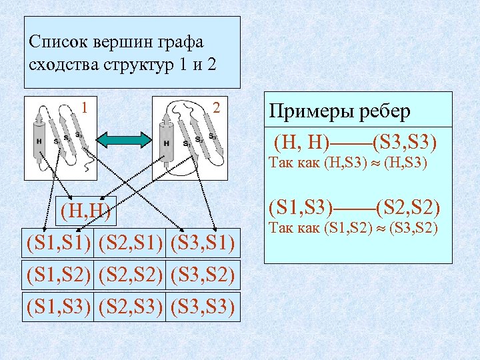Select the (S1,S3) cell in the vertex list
(59, 306)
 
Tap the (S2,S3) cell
(131, 306)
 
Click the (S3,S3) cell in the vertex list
(203, 306)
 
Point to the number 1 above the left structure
(84, 106)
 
